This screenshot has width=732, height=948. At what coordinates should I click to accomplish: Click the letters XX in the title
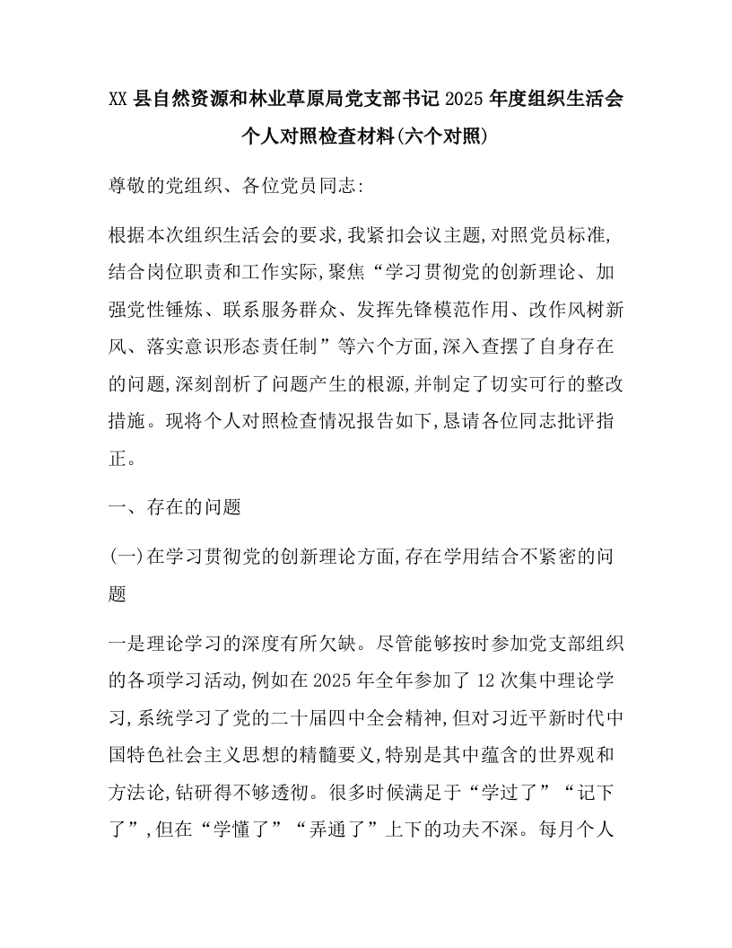(x=119, y=99)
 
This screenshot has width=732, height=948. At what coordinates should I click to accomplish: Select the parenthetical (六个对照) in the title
(x=443, y=137)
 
